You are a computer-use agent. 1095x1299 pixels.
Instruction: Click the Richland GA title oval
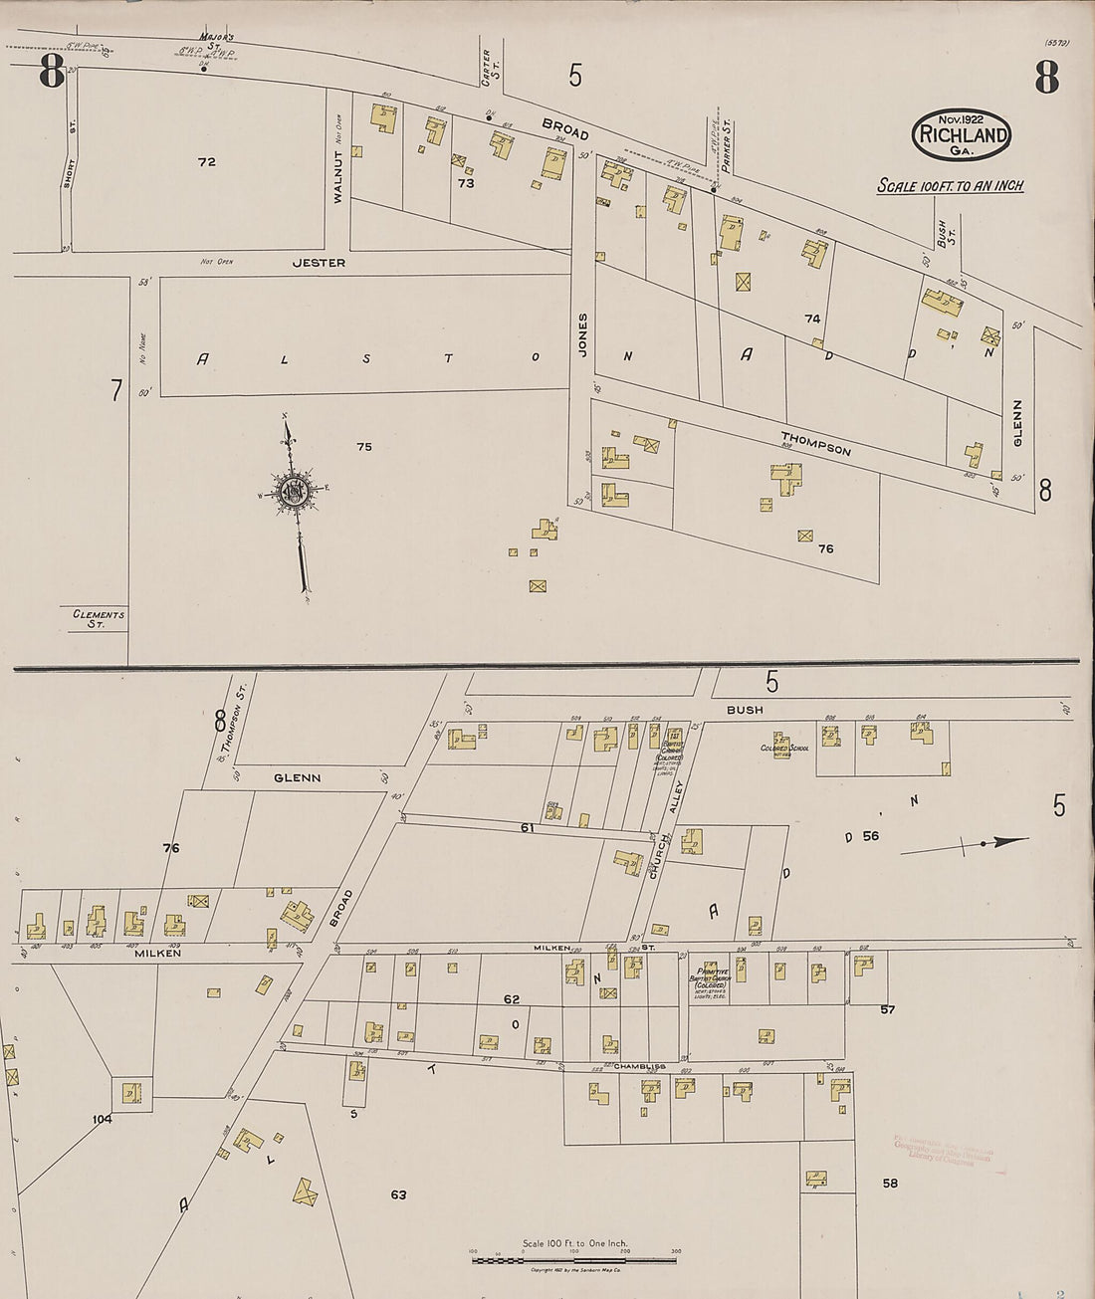961,134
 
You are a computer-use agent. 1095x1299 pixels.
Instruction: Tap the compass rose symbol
295,491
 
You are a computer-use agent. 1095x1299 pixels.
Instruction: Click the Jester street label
319,263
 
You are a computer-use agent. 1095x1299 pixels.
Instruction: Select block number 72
206,161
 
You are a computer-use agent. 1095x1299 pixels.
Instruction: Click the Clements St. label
99,619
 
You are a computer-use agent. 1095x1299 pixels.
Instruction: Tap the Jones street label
583,334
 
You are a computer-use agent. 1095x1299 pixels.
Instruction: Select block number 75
364,447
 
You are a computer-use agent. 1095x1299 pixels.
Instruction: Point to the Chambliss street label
639,1066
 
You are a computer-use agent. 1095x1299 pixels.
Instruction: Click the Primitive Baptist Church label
710,975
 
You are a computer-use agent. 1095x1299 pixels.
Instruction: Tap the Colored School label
784,748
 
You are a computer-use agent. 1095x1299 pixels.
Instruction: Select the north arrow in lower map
966,844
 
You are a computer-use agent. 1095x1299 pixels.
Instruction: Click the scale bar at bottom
574,1260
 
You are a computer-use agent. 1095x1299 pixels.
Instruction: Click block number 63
398,1194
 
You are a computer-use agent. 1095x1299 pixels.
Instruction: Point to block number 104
102,1119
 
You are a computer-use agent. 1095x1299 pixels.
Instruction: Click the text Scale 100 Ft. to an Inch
950,186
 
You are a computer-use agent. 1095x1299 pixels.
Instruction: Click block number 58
889,1184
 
